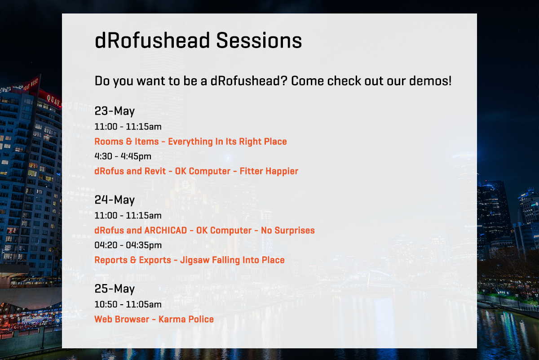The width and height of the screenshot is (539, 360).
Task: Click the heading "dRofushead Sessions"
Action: tap(198, 40)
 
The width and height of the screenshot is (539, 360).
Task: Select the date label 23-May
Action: tap(115, 111)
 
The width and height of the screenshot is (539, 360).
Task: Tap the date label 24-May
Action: tap(115, 200)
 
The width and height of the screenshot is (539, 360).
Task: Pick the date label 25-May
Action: tap(115, 289)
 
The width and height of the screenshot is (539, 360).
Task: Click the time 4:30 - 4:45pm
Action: tap(123, 156)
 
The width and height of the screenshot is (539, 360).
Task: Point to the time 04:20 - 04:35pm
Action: tap(128, 245)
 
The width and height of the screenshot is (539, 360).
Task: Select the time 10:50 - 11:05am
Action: tap(128, 304)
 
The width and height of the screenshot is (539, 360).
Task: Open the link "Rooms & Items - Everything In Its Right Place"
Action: tap(190, 142)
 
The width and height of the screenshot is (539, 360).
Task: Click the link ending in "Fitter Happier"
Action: tap(196, 171)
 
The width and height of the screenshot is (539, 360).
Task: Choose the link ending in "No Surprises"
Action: tap(204, 231)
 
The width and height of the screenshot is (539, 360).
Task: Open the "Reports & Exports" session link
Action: tap(190, 260)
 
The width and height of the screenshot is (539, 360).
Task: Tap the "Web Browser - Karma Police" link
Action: tap(154, 319)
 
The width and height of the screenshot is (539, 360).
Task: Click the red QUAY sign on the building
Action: tap(53, 100)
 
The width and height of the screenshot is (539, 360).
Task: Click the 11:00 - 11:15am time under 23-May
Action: tap(128, 127)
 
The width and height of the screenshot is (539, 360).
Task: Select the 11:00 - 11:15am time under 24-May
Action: tap(128, 216)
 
